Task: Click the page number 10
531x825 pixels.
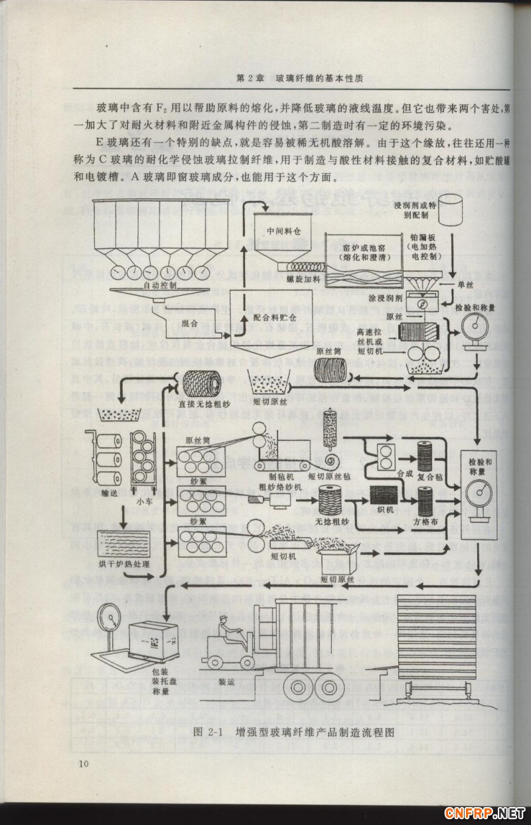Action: click(82, 764)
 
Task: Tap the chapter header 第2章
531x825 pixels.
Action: click(251, 78)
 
